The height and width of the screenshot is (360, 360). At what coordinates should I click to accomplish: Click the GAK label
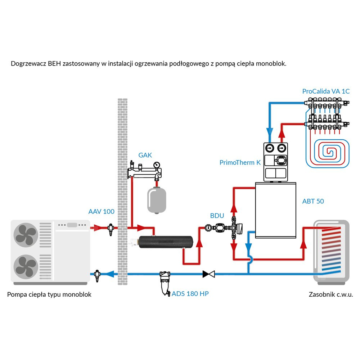[x=145, y=155]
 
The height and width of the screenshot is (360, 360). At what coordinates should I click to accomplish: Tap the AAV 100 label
[x=101, y=211]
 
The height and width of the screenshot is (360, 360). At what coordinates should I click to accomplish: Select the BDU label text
[x=217, y=216]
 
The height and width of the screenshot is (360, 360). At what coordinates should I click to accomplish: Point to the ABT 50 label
[x=313, y=201]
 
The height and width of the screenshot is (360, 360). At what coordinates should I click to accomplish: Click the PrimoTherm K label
[x=240, y=162]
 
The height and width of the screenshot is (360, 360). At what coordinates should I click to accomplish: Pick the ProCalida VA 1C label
[x=326, y=91]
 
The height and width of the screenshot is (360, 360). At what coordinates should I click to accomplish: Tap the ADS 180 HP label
[x=190, y=293]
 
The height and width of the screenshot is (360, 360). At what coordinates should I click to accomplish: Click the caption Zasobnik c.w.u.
[x=331, y=294]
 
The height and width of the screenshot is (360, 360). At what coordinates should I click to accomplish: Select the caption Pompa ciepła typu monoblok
[x=49, y=294]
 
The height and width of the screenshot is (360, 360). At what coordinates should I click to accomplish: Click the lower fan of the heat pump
[x=26, y=267]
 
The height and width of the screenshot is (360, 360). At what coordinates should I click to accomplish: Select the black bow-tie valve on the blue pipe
[x=208, y=274]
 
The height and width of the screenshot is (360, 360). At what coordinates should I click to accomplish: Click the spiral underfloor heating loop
[x=328, y=153]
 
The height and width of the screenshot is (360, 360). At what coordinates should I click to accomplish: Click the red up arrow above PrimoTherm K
[x=282, y=134]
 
